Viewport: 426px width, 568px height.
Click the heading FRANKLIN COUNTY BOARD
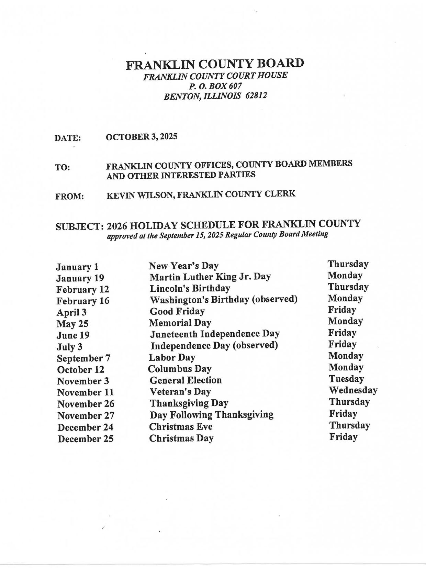point(215,64)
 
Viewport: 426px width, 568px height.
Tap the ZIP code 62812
point(256,96)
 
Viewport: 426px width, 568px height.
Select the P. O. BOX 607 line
point(215,86)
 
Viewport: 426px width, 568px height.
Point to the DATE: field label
point(68,138)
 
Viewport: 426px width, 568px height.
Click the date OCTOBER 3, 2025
point(142,137)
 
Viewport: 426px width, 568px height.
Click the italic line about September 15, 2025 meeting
point(217,235)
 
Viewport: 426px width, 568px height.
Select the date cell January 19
point(80,278)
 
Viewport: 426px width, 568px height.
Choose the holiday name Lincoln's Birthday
point(190,288)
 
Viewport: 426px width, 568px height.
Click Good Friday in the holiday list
point(177,311)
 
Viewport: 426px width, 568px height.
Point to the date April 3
point(71,312)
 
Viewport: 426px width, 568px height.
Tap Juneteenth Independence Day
point(215,334)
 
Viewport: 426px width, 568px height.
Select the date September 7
point(83,358)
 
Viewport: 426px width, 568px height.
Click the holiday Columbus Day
point(180,369)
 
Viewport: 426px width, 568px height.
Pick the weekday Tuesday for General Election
point(346,379)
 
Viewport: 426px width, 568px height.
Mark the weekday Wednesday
point(353,390)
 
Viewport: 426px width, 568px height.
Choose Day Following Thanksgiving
point(212,414)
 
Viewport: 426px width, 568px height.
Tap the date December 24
point(85,427)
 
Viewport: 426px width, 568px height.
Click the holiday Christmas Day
point(181,438)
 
